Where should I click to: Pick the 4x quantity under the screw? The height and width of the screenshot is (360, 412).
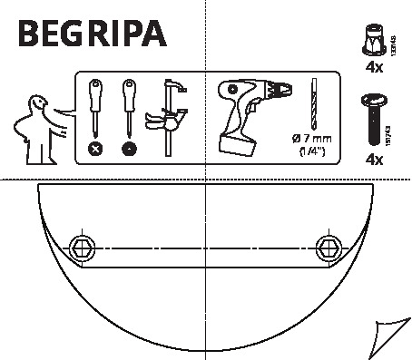373,160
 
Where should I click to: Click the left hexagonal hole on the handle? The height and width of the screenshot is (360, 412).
81,246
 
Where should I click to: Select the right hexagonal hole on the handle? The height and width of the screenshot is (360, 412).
329,246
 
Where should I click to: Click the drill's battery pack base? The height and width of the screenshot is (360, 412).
239,142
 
